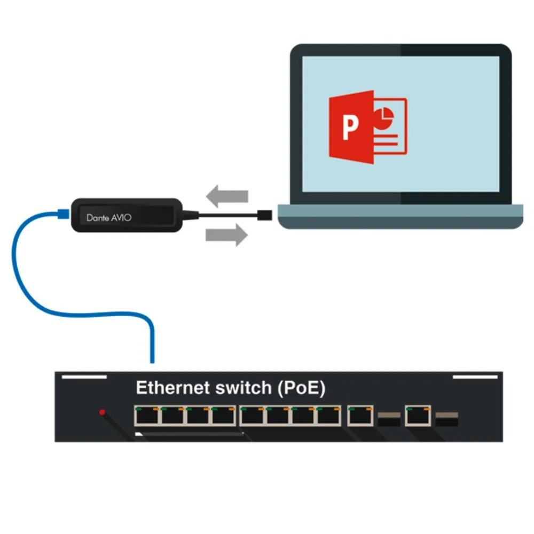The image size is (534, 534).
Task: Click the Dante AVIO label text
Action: tap(109, 217)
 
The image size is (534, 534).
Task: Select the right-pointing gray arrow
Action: tap(226, 234)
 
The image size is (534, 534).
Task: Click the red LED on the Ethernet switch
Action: tap(102, 412)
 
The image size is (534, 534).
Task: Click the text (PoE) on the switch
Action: tap(301, 388)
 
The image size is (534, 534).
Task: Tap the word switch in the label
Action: tap(244, 388)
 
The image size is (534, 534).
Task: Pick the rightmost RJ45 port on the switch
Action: tap(417, 415)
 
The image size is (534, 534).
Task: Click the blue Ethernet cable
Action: tap(21, 267)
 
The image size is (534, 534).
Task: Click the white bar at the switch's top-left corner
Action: tap(84, 377)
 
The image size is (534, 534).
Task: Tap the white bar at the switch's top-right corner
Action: tap(475, 377)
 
